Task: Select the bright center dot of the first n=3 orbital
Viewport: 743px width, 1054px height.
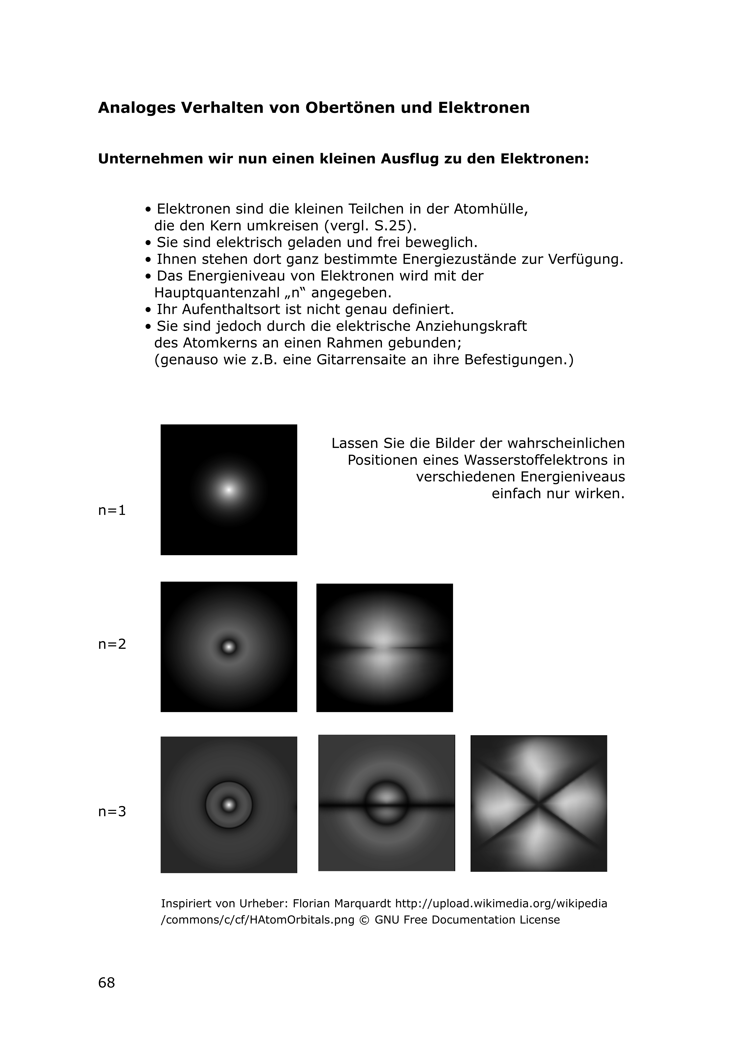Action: (229, 804)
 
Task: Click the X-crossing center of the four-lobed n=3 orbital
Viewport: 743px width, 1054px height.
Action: (539, 803)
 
